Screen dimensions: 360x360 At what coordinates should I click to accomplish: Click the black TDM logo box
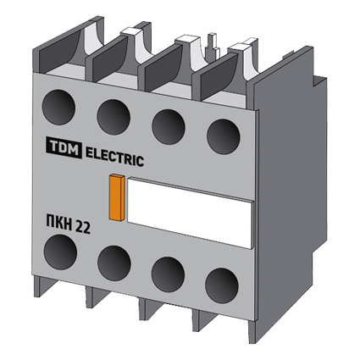pos(64,147)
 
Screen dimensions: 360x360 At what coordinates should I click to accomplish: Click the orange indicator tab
pos(117,197)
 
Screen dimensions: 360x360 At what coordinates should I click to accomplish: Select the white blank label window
pos(189,213)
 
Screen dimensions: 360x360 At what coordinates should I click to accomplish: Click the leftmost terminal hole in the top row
pos(58,107)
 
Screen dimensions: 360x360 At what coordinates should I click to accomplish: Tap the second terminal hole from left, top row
pos(114,117)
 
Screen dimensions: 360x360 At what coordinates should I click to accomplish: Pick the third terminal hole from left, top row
pos(169,127)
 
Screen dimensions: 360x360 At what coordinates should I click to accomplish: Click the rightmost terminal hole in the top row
pos(224,136)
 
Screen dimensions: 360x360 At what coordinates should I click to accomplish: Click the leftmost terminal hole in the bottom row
pos(60,252)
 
